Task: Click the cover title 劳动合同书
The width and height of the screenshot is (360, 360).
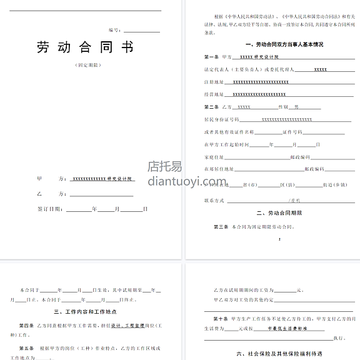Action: [86, 47]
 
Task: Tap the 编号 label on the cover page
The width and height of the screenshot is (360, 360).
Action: [114, 29]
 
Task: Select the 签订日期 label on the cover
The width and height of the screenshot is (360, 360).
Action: [50, 208]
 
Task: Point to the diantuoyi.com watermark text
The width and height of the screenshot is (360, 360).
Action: [182, 181]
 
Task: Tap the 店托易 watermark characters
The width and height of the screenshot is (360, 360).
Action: [165, 166]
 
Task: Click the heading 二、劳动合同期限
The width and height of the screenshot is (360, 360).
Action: [275, 213]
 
